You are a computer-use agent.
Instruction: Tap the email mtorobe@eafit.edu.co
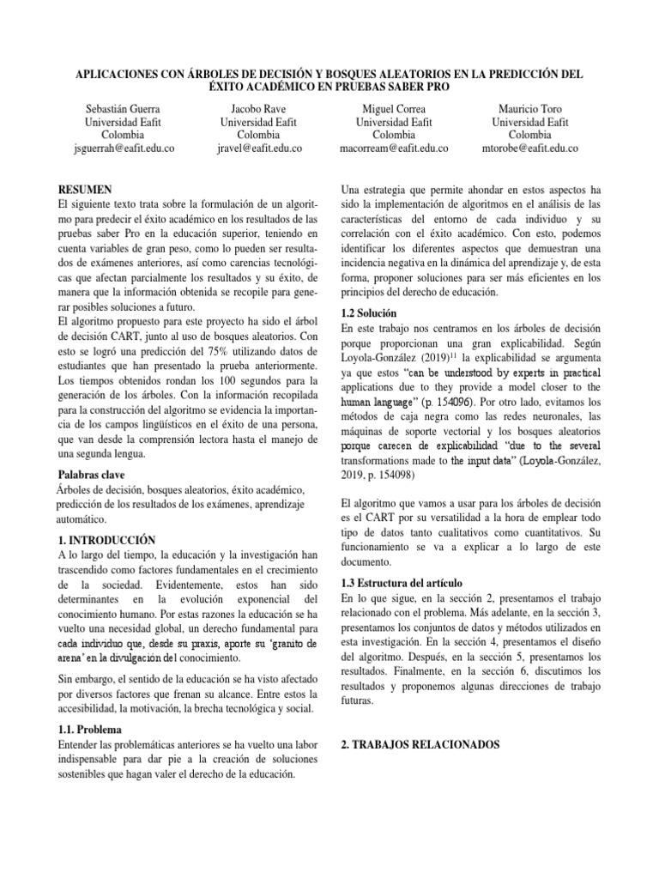530,148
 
